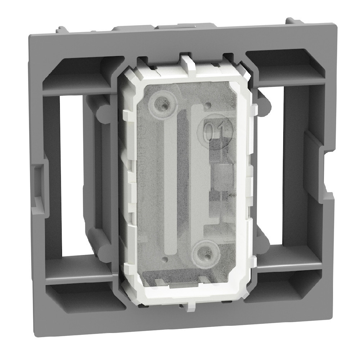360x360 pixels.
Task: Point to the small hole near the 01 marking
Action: (208, 106)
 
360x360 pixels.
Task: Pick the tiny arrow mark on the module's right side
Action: (226, 195)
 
